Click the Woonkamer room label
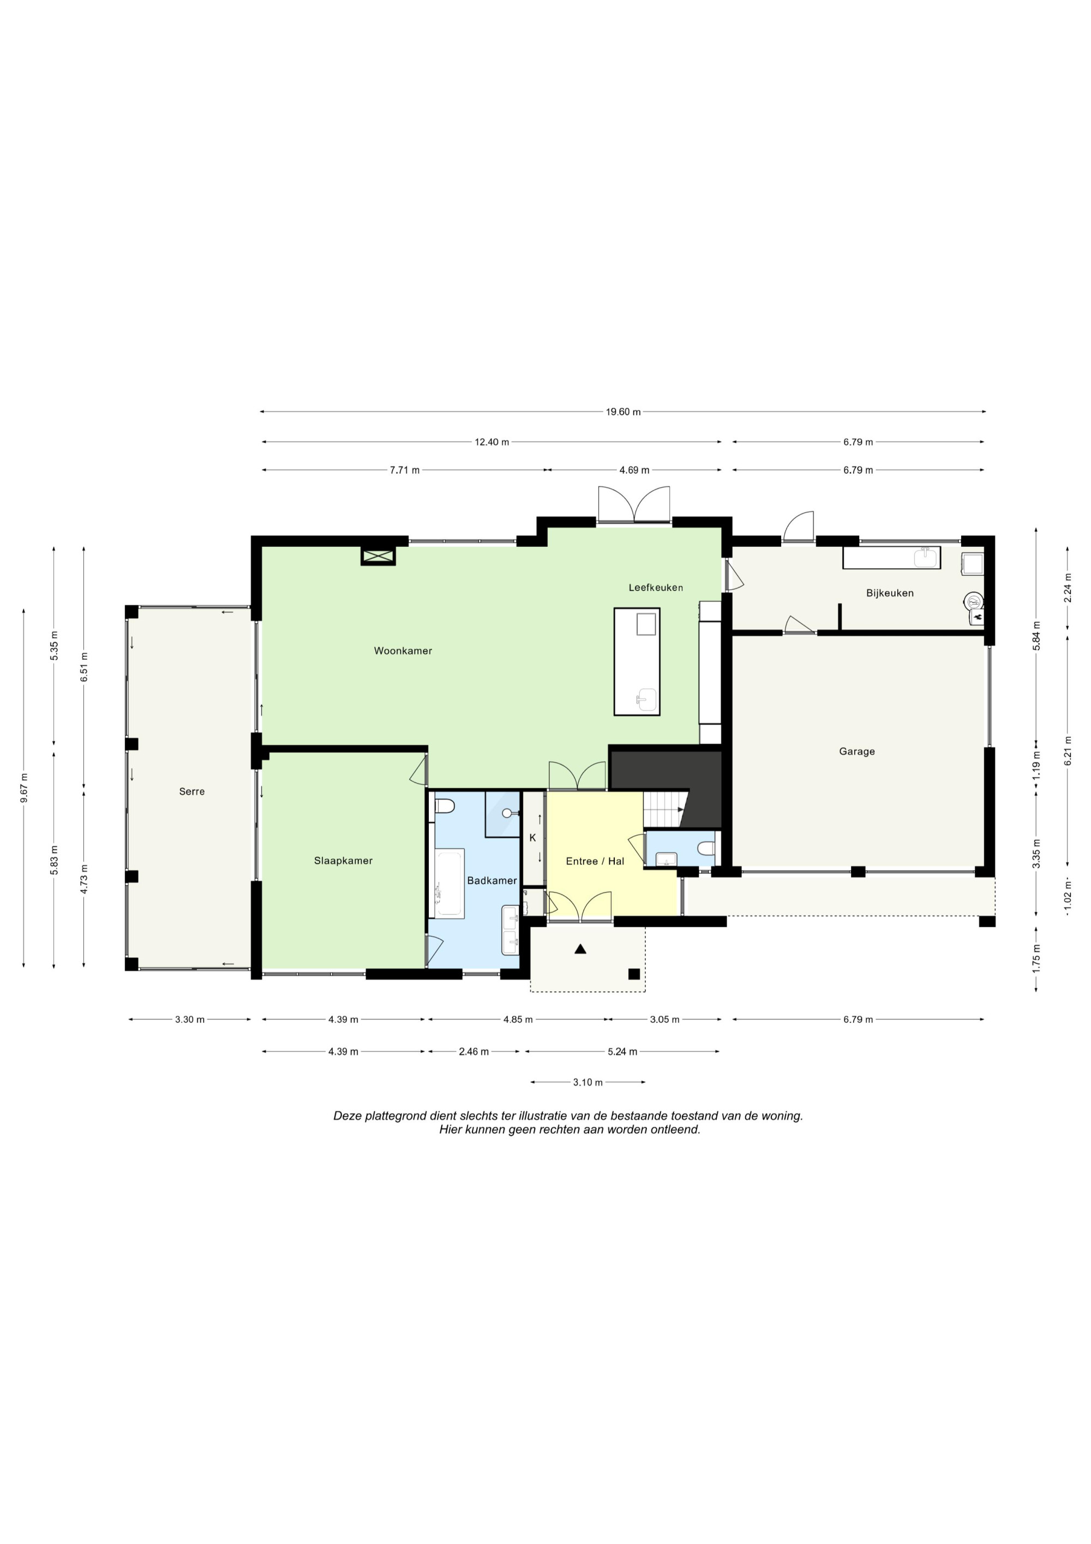click(403, 651)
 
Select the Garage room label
click(856, 752)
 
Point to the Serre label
click(191, 791)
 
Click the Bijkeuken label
click(889, 593)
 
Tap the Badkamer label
click(492, 880)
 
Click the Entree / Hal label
click(595, 861)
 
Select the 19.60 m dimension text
click(623, 412)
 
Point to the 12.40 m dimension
click(492, 442)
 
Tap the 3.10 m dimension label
click(588, 1082)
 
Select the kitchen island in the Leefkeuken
click(637, 661)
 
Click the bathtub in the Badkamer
click(449, 883)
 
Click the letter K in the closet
click(532, 838)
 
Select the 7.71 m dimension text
click(405, 470)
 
